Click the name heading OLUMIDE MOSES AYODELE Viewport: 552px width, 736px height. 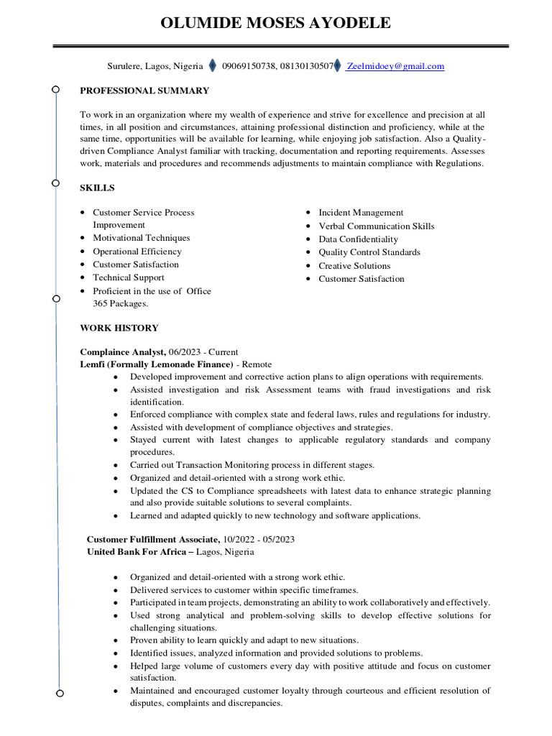pyautogui.click(x=276, y=23)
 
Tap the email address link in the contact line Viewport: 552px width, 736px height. pyautogui.click(x=395, y=66)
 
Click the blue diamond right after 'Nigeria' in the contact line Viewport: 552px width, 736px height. pyautogui.click(x=212, y=66)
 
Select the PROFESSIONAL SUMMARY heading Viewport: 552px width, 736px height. pyautogui.click(x=144, y=91)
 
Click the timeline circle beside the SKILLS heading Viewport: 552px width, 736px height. pyautogui.click(x=55, y=183)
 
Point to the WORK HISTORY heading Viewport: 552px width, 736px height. pyautogui.click(x=119, y=328)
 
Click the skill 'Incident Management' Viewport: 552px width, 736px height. pyautogui.click(x=361, y=213)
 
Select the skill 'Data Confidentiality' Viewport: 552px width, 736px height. pyautogui.click(x=358, y=239)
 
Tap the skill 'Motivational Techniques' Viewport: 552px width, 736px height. pyautogui.click(x=142, y=238)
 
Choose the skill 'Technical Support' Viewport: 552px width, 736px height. pyautogui.click(x=129, y=277)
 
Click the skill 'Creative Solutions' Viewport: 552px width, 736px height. pyautogui.click(x=354, y=266)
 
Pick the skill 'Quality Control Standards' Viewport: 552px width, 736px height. pyautogui.click(x=369, y=252)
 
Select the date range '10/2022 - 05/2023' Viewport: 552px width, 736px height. pyautogui.click(x=249, y=539)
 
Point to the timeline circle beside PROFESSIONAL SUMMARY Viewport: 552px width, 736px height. pyautogui.click(x=55, y=90)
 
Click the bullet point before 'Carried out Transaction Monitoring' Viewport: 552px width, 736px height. pyautogui.click(x=116, y=466)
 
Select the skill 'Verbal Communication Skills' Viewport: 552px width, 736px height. pyautogui.click(x=377, y=226)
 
